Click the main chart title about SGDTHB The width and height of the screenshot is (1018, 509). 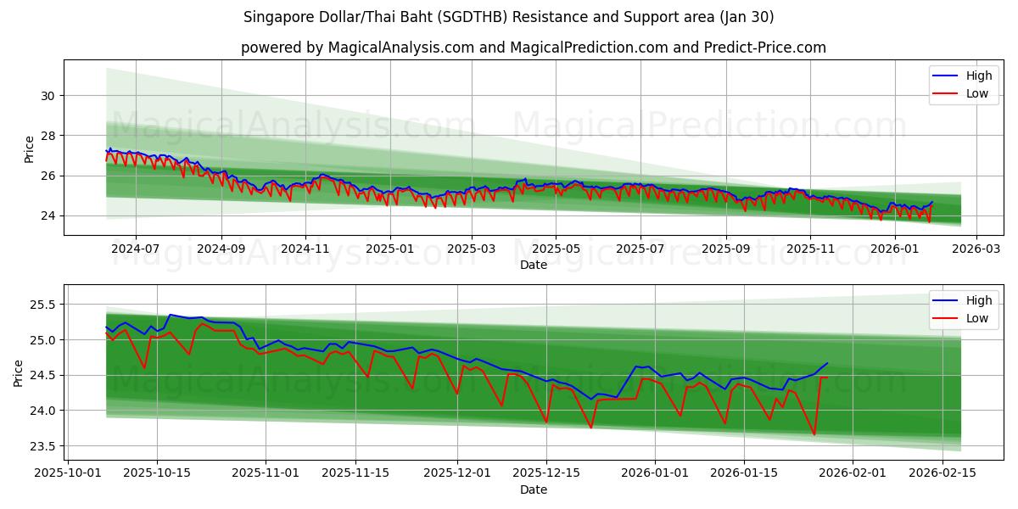pyautogui.click(x=508, y=17)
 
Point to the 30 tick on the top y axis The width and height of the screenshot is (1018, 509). pyautogui.click(x=48, y=96)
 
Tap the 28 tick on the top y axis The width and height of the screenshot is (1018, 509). pyautogui.click(x=48, y=136)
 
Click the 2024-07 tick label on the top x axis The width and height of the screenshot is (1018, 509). pyautogui.click(x=136, y=249)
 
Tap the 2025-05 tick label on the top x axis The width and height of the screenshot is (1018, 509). pyautogui.click(x=556, y=249)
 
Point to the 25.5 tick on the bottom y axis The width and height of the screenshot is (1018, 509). pyautogui.click(x=43, y=305)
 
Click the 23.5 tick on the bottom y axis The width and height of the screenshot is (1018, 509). pyautogui.click(x=43, y=446)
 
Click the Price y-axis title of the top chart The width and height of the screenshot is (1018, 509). pyautogui.click(x=30, y=148)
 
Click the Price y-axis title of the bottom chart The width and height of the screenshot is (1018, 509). pyautogui.click(x=20, y=372)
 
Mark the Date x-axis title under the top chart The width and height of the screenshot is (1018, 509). pyautogui.click(x=533, y=265)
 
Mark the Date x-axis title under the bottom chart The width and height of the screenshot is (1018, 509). pyautogui.click(x=533, y=489)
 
